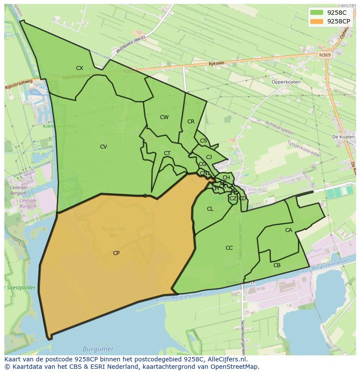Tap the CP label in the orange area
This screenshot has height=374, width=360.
pos(116,253)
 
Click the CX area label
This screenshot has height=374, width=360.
pos(80,68)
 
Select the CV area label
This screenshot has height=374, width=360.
pos(103,147)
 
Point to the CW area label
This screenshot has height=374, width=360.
pos(164,117)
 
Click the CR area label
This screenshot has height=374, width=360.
pos(191,122)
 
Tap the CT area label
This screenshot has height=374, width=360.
pos(167,153)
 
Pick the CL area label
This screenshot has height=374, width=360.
pos(210,209)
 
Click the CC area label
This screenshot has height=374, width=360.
pos(229,248)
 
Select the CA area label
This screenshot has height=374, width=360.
pos(289,230)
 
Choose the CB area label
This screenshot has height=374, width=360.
pos(277,265)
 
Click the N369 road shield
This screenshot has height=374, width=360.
pos(324,55)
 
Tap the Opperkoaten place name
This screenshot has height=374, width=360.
pos(286,82)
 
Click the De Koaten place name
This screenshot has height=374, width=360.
pos(343,137)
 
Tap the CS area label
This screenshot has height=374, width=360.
pos(203,141)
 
